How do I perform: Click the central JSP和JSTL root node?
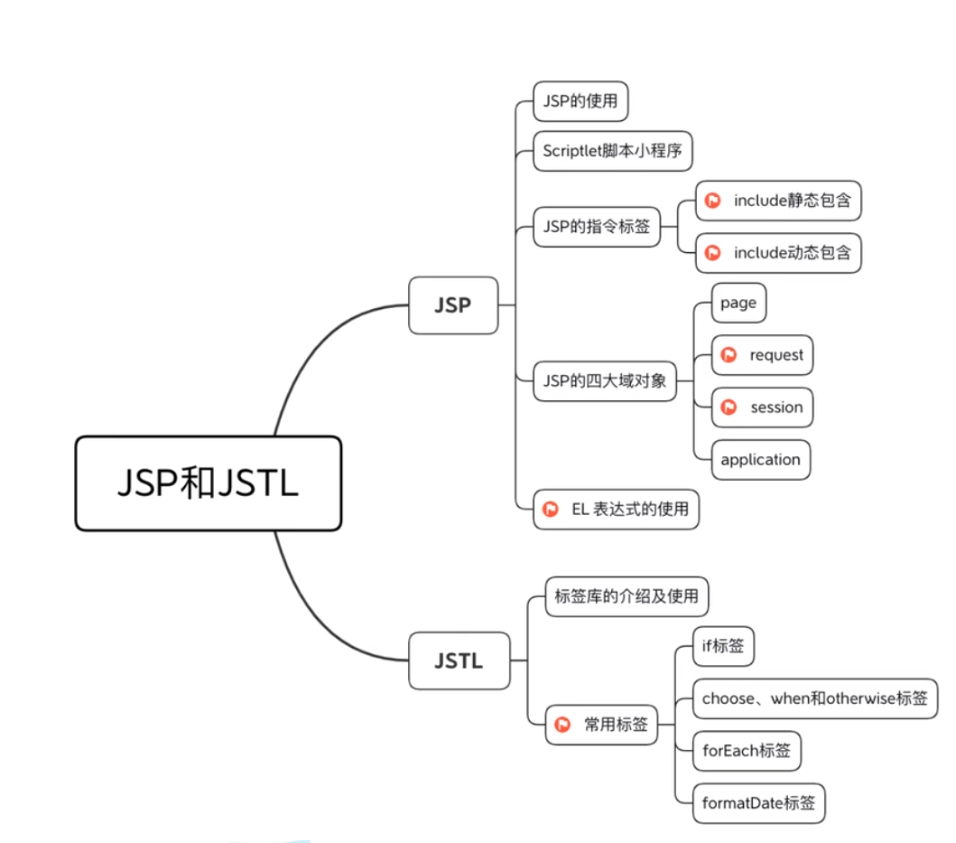click(x=208, y=483)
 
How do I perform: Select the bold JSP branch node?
click(x=452, y=305)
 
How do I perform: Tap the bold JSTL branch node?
click(x=459, y=660)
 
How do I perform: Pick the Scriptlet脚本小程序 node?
click(x=612, y=151)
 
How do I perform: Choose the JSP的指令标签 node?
click(x=596, y=227)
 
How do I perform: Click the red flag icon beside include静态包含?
click(x=713, y=201)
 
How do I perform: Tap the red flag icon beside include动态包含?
click(x=713, y=252)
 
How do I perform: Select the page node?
click(x=738, y=304)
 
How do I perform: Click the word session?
click(x=776, y=407)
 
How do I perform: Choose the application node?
click(x=760, y=459)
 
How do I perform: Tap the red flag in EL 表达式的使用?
click(x=551, y=510)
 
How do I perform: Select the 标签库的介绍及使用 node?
click(x=627, y=596)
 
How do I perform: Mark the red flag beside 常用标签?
click(x=563, y=724)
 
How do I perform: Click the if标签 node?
click(x=723, y=646)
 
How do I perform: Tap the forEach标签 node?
click(x=746, y=750)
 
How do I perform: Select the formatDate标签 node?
click(x=758, y=802)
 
